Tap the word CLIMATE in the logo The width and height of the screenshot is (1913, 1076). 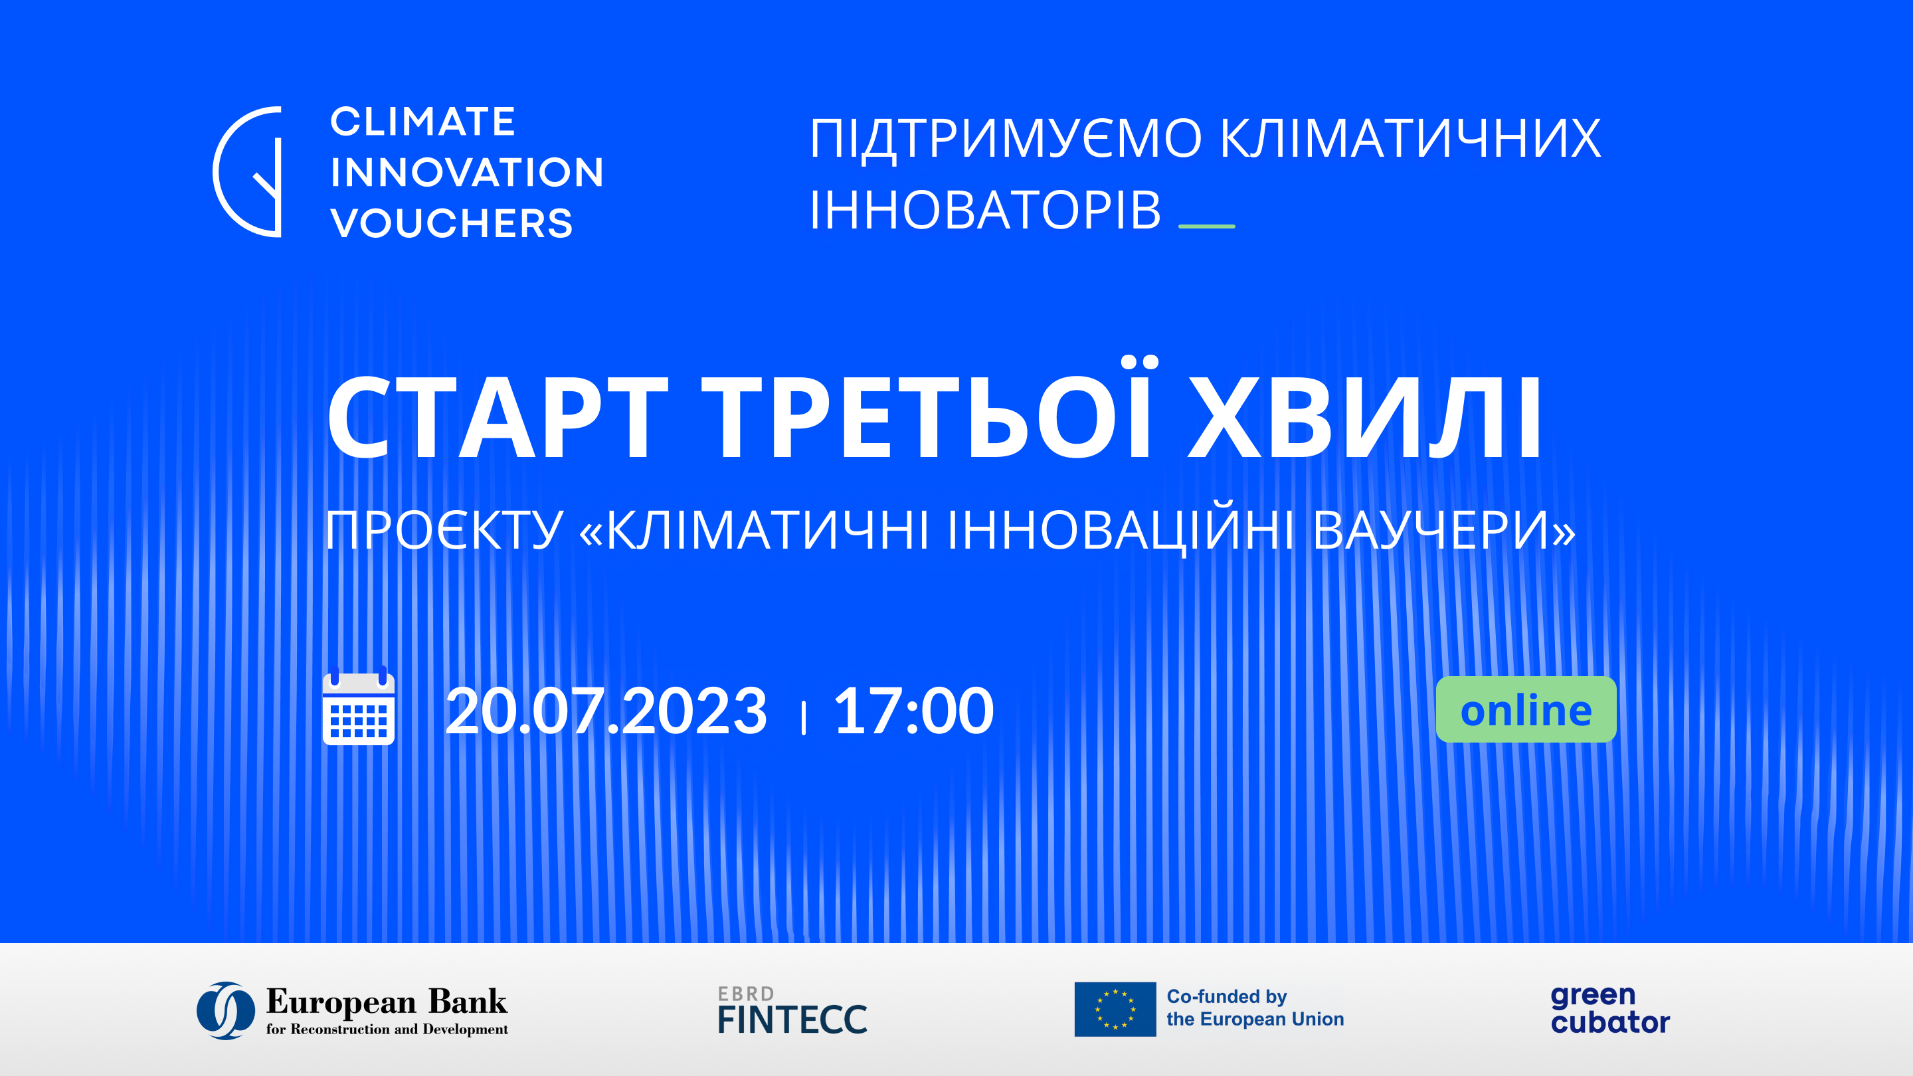click(x=422, y=122)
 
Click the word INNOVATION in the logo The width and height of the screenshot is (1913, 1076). click(x=466, y=172)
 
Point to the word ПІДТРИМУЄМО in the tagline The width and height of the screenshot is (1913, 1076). click(x=1006, y=139)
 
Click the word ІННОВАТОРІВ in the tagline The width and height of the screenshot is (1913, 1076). click(x=984, y=210)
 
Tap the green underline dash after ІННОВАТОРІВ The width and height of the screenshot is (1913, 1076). click(x=1207, y=226)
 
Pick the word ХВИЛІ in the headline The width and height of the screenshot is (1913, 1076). click(x=1365, y=418)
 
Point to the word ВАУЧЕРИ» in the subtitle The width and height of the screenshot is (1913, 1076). click(x=1443, y=531)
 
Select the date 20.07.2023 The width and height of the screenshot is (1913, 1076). click(x=606, y=711)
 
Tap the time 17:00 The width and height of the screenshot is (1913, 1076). click(x=913, y=711)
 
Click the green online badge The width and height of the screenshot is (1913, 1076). click(x=1526, y=709)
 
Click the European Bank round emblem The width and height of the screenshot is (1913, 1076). click(x=226, y=1010)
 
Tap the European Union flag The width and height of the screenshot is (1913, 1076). click(x=1115, y=1009)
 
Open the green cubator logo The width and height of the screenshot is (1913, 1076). click(x=1610, y=1009)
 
